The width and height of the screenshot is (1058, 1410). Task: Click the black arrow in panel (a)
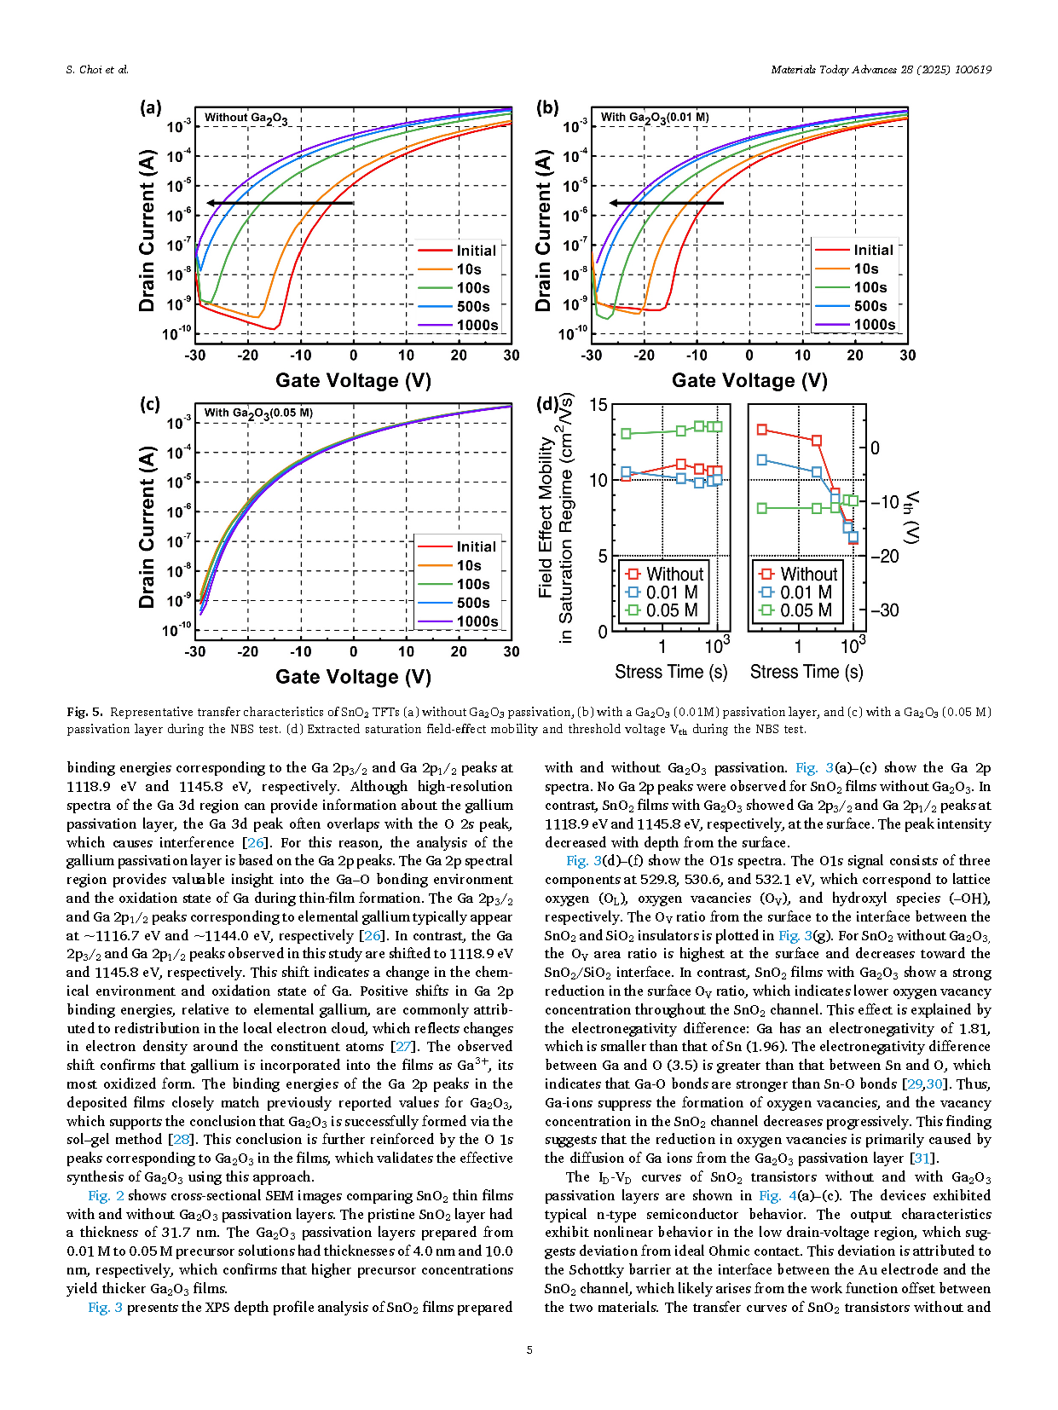click(280, 203)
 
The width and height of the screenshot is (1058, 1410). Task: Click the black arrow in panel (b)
click(667, 203)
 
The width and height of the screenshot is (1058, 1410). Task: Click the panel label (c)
click(150, 404)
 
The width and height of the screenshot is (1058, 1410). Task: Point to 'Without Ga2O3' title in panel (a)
click(246, 118)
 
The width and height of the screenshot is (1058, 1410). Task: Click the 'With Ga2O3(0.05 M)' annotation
click(258, 413)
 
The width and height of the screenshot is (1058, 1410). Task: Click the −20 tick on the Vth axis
click(884, 556)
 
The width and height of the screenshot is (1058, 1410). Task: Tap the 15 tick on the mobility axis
click(598, 406)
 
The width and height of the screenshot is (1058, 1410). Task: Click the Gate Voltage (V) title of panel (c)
click(353, 677)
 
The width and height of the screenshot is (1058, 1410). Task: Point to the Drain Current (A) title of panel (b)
click(543, 230)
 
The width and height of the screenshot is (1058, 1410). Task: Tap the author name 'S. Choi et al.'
click(97, 70)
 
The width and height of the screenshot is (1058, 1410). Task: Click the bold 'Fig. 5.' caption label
click(84, 712)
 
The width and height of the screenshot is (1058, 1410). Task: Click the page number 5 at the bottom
click(529, 1349)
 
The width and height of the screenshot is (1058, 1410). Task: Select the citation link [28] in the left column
click(179, 1139)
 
